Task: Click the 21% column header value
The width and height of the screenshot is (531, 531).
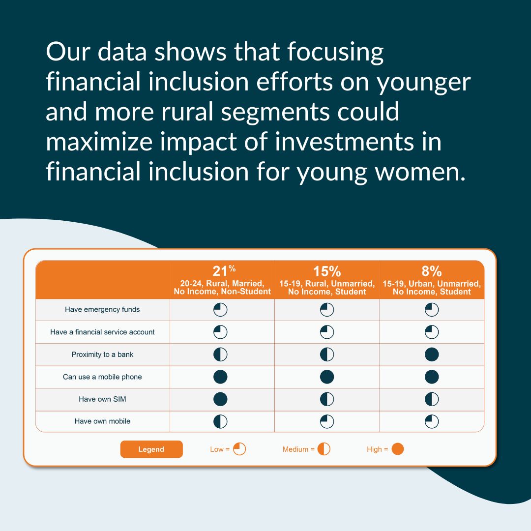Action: point(224,271)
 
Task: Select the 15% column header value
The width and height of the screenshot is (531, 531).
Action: point(327,271)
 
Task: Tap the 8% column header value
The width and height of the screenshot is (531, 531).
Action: point(432,271)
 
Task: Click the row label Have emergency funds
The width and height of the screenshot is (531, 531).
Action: point(102,310)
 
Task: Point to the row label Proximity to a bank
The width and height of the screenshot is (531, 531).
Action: point(102,354)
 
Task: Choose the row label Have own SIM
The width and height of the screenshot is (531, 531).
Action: point(102,399)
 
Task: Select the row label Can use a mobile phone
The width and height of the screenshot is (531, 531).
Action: point(102,377)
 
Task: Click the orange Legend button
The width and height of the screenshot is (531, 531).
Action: point(151,449)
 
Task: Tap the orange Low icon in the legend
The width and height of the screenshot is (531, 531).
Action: point(239,449)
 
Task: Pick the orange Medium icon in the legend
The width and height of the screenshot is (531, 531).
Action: point(324,449)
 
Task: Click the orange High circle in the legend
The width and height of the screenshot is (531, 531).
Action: point(398,449)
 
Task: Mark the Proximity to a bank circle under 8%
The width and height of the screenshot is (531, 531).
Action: point(432,354)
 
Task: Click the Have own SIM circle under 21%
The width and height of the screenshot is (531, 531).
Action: point(220,399)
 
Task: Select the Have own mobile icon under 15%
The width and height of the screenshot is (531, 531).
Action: point(327,421)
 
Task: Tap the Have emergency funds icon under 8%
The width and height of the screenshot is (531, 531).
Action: point(432,310)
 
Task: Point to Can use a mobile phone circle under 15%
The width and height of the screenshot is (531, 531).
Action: point(327,377)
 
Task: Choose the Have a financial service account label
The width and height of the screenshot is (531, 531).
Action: point(102,332)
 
